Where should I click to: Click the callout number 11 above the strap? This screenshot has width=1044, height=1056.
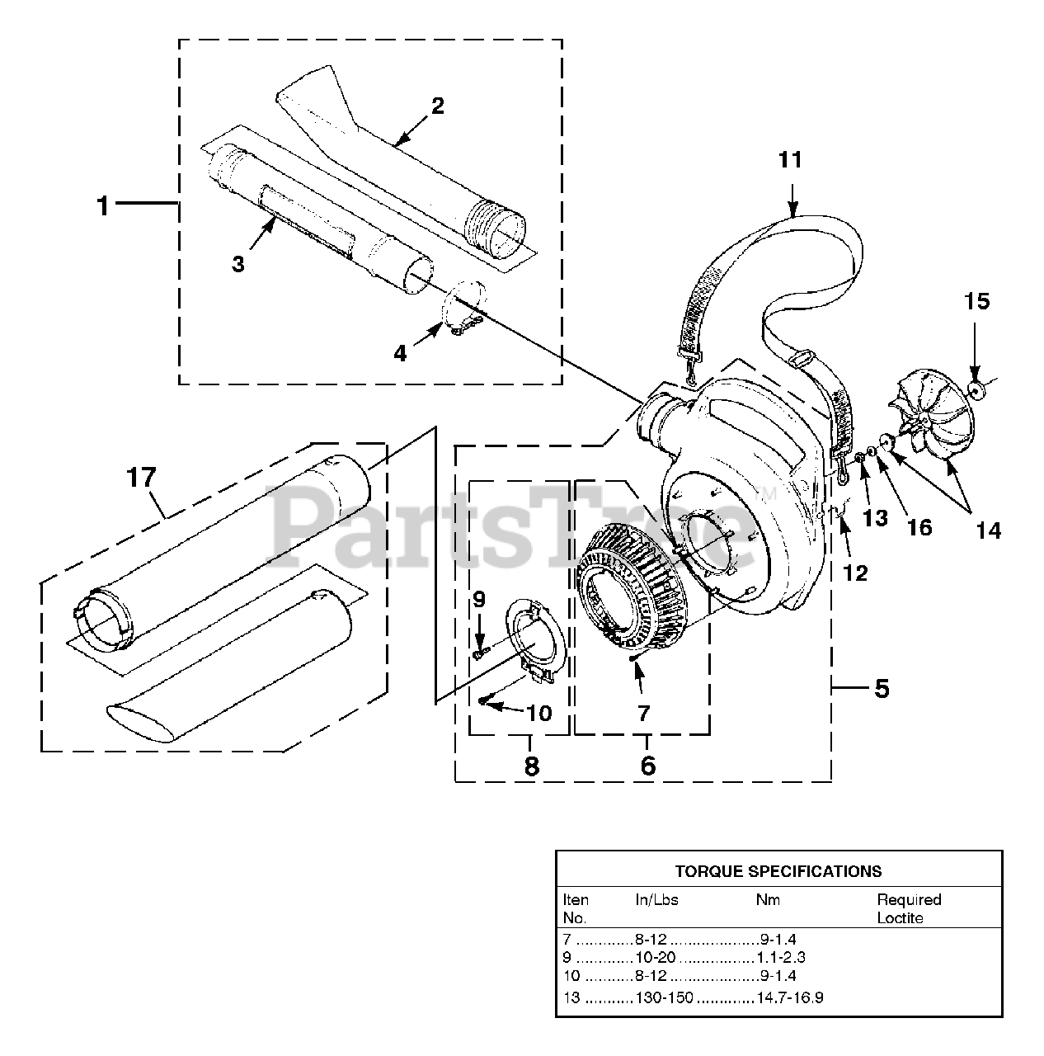click(x=790, y=159)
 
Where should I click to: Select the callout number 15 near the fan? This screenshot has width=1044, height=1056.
click(x=976, y=302)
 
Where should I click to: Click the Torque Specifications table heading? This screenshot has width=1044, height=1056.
click(x=778, y=870)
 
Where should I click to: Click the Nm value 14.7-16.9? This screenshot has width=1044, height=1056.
click(x=789, y=997)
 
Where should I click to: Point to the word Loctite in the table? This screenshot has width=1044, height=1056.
click(x=901, y=918)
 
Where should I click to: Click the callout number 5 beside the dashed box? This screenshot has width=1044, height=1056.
click(x=882, y=688)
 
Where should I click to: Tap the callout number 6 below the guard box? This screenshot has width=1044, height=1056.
click(x=648, y=766)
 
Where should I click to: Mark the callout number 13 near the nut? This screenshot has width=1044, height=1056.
click(x=875, y=517)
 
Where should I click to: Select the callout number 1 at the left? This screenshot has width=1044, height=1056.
click(x=103, y=205)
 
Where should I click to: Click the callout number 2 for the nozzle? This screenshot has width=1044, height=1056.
click(x=437, y=105)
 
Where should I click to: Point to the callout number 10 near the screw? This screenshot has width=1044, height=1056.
click(x=538, y=712)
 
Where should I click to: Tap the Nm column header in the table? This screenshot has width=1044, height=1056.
click(x=768, y=899)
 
